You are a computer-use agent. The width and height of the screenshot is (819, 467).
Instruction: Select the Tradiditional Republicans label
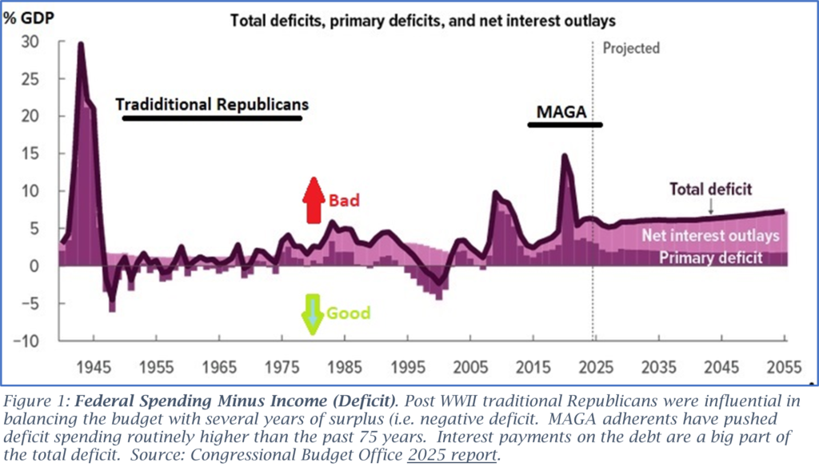(x=212, y=105)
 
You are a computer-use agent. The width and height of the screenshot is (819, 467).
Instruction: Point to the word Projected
(x=632, y=48)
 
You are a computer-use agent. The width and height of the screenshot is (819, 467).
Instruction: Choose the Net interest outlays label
(x=710, y=236)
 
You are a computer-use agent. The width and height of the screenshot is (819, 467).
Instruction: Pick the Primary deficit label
(x=711, y=257)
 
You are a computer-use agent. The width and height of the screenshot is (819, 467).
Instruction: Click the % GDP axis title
(x=30, y=17)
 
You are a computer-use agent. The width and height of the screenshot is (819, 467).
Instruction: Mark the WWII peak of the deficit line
(x=81, y=43)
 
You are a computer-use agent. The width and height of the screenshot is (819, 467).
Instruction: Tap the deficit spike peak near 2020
(x=565, y=155)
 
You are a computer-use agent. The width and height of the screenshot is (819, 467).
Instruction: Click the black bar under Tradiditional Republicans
(x=212, y=118)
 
